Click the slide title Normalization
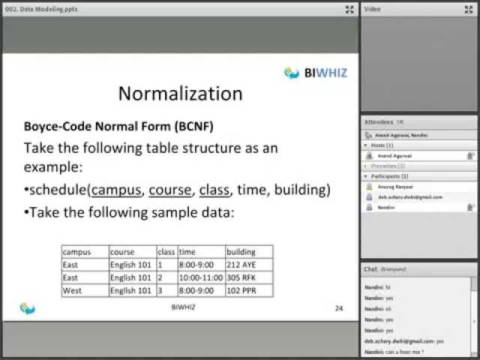tap(181, 94)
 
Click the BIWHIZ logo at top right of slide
tap(315, 73)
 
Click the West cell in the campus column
tap(84, 290)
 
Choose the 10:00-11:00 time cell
tap(200, 277)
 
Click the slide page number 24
tap(338, 308)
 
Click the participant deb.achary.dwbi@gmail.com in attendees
tap(409, 196)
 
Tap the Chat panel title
tap(370, 268)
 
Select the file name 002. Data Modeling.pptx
tap(32, 9)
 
